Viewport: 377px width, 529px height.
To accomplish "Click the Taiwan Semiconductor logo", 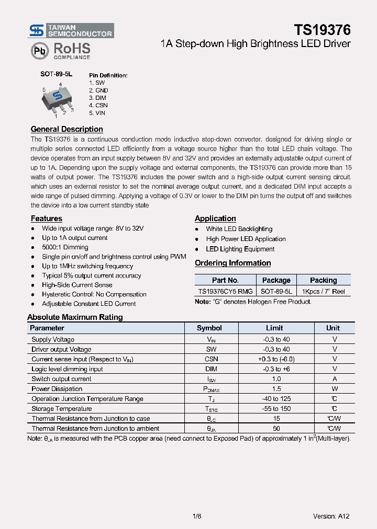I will (x=71, y=30).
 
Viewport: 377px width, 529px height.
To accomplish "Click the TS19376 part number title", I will (x=321, y=29).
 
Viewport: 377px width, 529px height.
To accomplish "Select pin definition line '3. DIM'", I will (x=98, y=98).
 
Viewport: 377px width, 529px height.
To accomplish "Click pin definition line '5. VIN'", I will (x=97, y=112).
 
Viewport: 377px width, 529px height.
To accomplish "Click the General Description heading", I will (x=66, y=129).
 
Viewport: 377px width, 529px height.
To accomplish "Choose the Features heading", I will (x=46, y=218).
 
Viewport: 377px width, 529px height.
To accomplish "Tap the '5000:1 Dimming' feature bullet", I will (x=65, y=247).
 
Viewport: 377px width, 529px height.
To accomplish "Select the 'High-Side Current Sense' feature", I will (x=77, y=285).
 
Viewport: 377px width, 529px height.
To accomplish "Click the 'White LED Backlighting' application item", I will (x=239, y=229).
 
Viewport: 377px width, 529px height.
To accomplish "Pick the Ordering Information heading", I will (x=232, y=263).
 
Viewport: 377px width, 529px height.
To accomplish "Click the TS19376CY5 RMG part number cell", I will (x=225, y=292).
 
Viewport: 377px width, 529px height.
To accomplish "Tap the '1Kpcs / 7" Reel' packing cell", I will (x=323, y=292).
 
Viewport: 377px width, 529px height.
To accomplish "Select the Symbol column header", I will (x=209, y=328).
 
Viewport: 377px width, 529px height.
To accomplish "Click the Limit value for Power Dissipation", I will (x=276, y=389).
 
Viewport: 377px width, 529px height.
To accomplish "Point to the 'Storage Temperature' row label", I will (x=61, y=409).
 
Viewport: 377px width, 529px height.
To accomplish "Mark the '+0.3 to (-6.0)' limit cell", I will (x=276, y=359).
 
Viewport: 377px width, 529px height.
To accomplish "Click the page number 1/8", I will (x=197, y=516).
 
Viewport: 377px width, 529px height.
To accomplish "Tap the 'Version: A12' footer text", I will (x=331, y=516).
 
